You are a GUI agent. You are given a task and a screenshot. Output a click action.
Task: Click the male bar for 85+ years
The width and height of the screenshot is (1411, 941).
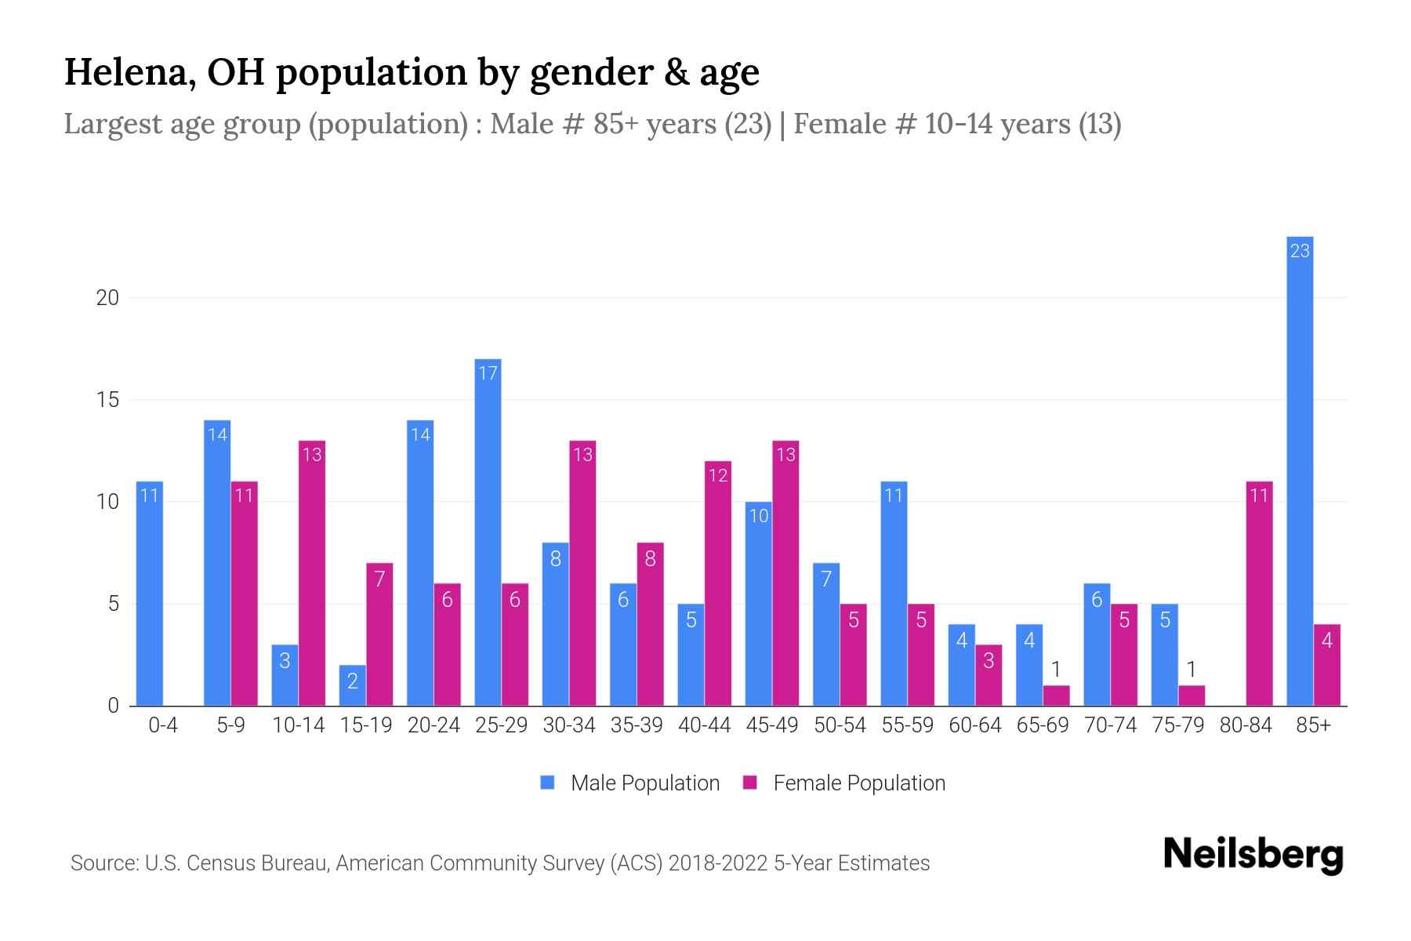click(x=1300, y=470)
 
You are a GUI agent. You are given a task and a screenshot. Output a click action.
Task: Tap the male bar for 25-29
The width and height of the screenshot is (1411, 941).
click(x=488, y=532)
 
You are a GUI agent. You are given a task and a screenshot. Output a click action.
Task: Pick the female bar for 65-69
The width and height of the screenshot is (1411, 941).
click(x=1056, y=696)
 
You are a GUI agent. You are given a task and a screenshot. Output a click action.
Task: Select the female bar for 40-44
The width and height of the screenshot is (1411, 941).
click(x=717, y=583)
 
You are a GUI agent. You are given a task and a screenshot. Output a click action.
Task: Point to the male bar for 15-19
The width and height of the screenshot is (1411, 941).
click(x=352, y=685)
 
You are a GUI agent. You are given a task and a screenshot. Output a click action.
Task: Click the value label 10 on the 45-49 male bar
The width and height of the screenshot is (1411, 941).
click(x=759, y=516)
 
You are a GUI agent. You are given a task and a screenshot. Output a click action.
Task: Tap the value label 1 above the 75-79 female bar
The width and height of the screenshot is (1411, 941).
click(x=1192, y=669)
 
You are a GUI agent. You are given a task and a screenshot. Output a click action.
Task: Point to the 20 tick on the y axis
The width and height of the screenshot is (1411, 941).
click(x=107, y=298)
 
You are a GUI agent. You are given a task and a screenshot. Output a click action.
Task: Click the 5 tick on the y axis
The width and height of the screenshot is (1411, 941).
click(x=113, y=604)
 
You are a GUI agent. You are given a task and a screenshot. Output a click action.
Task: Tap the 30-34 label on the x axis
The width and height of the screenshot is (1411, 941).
click(x=569, y=725)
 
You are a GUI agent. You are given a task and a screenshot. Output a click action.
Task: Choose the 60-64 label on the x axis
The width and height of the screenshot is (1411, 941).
click(x=975, y=725)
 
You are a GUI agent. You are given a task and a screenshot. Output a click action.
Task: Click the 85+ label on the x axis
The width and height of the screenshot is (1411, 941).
click(x=1313, y=725)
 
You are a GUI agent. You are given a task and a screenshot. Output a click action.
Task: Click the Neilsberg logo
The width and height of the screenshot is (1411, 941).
click(x=1253, y=855)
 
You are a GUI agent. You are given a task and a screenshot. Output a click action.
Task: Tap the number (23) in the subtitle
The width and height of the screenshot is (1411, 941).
click(x=748, y=124)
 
